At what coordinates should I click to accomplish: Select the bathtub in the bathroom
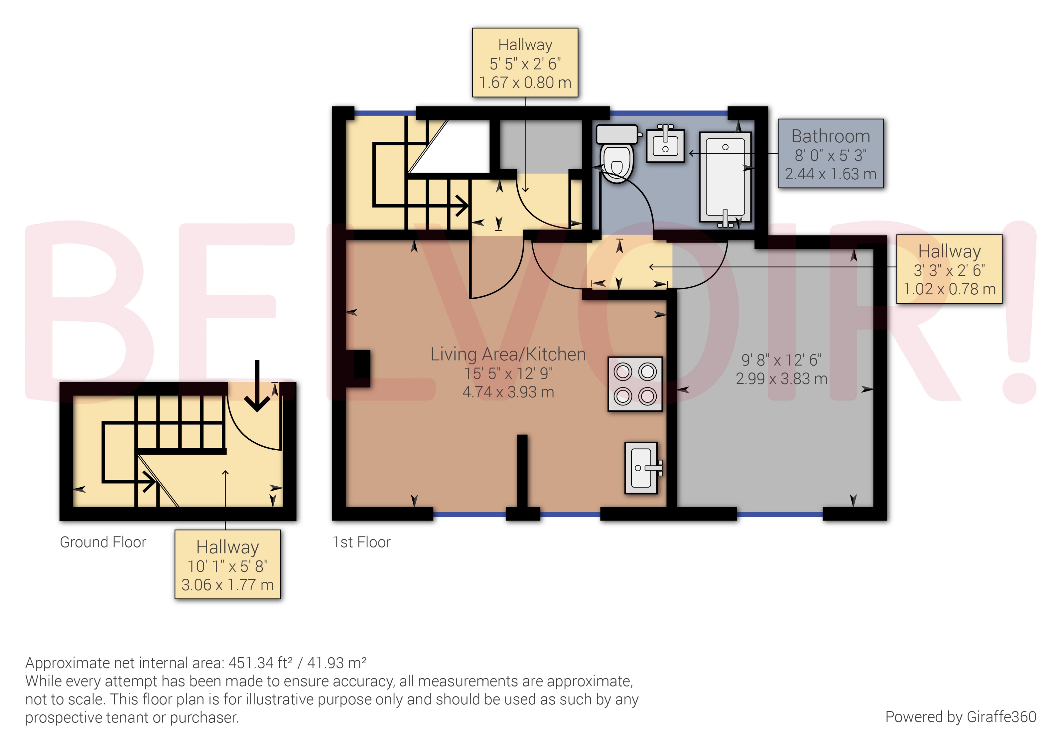tap(725, 178)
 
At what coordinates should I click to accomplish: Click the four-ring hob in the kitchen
tap(635, 384)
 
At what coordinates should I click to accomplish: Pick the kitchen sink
tap(641, 468)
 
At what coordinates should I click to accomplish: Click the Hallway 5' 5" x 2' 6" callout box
tap(525, 63)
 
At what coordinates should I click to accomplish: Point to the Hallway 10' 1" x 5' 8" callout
tap(228, 565)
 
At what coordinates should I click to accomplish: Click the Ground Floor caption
tap(103, 542)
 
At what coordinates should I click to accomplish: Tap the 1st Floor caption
tap(361, 542)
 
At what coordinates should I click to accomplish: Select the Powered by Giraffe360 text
tap(960, 717)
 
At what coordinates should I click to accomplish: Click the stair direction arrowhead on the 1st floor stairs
tap(462, 205)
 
